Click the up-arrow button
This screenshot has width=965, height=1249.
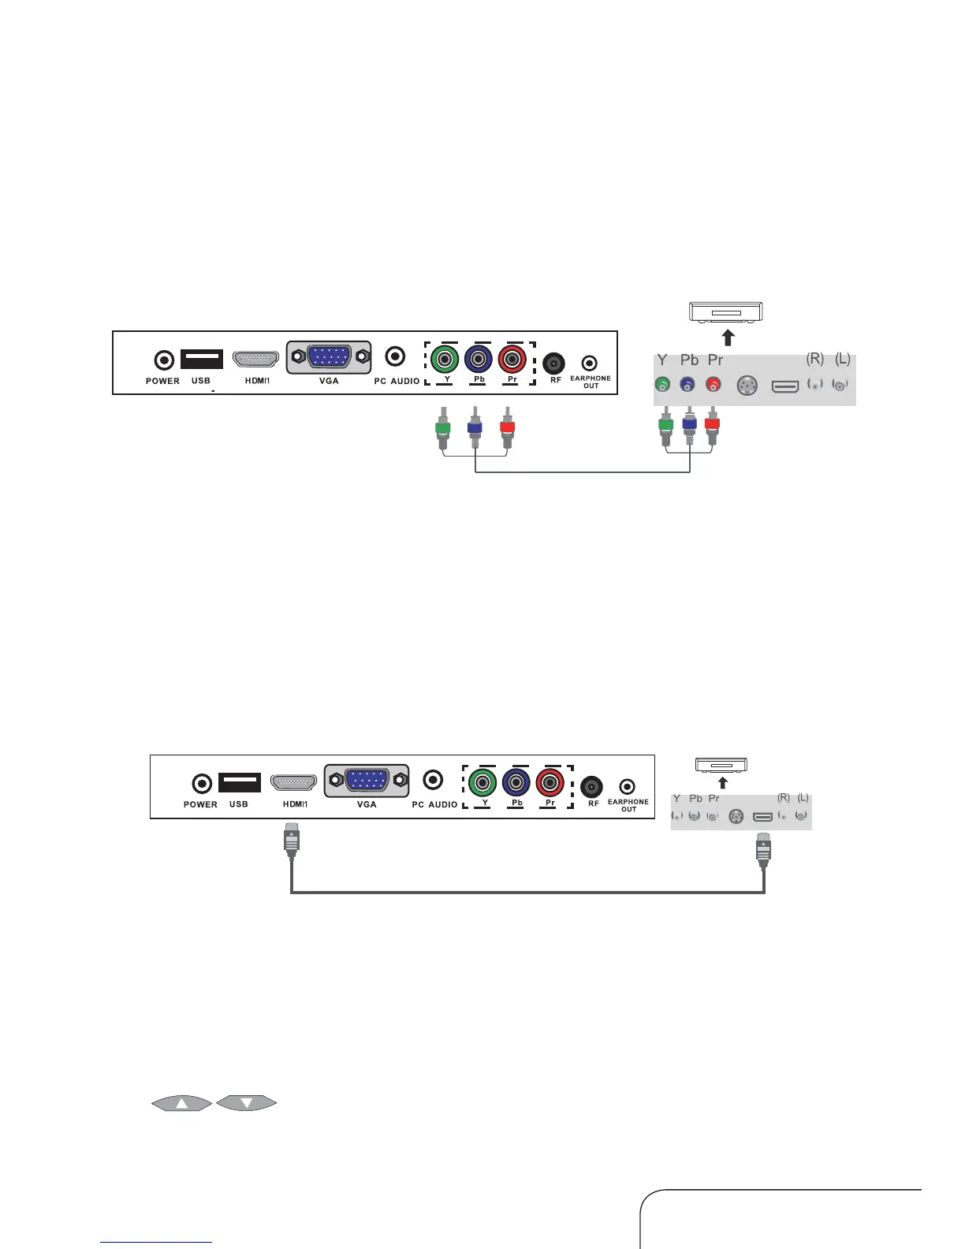pos(181,1103)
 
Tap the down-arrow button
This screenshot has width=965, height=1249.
pos(246,1103)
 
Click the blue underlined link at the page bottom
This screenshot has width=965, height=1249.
pos(156,1242)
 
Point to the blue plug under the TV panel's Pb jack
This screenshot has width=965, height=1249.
pos(475,431)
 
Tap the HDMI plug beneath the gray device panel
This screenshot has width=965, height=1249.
pos(763,849)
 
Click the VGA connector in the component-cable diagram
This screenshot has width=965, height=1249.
pos(329,357)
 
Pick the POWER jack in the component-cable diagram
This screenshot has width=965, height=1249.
pos(163,360)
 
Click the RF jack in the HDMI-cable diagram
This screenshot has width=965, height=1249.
pos(591,787)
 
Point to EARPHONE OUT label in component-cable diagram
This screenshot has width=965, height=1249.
pos(591,382)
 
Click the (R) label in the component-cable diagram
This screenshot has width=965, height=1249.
pos(815,359)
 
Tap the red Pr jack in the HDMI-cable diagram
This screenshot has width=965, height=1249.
pos(550,783)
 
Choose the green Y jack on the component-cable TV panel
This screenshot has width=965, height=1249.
pos(445,360)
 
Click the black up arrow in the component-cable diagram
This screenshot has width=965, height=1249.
pos(728,337)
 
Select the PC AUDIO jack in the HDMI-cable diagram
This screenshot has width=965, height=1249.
pos(433,780)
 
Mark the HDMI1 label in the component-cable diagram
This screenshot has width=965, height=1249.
pos(257,381)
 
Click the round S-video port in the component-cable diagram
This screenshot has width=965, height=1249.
pos(747,386)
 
